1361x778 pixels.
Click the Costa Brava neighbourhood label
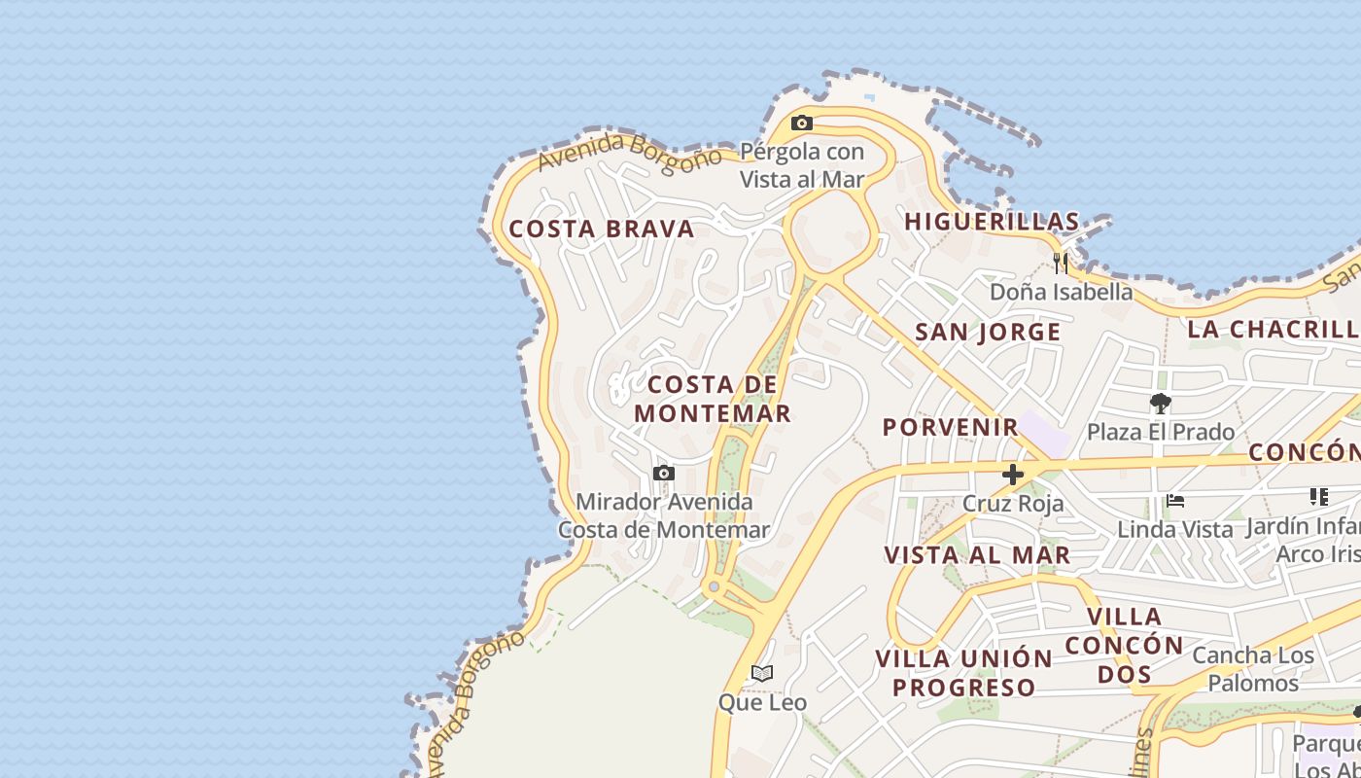(x=602, y=230)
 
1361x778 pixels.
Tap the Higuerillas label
(x=992, y=222)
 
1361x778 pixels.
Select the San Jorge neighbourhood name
(x=988, y=333)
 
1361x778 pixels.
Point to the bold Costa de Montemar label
(x=713, y=399)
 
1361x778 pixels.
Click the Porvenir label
(x=950, y=427)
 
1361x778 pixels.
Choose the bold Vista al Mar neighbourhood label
(x=977, y=555)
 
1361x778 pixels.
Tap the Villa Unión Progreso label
(x=963, y=673)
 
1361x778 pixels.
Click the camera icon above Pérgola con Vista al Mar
(x=802, y=124)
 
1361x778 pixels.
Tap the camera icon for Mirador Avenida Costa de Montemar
(x=664, y=474)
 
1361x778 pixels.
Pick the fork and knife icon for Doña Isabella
(x=1061, y=263)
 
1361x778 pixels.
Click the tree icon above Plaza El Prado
(x=1160, y=403)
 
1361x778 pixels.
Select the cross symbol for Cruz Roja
(x=1013, y=475)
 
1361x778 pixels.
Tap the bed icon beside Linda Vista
(x=1175, y=502)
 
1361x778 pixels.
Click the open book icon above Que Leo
(x=762, y=673)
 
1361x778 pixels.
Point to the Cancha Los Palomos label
(x=1252, y=669)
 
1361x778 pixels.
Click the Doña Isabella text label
(x=1061, y=292)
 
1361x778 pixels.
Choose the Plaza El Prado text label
(x=1160, y=432)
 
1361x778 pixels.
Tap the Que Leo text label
(x=762, y=702)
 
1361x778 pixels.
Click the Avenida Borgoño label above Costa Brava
(x=630, y=152)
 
